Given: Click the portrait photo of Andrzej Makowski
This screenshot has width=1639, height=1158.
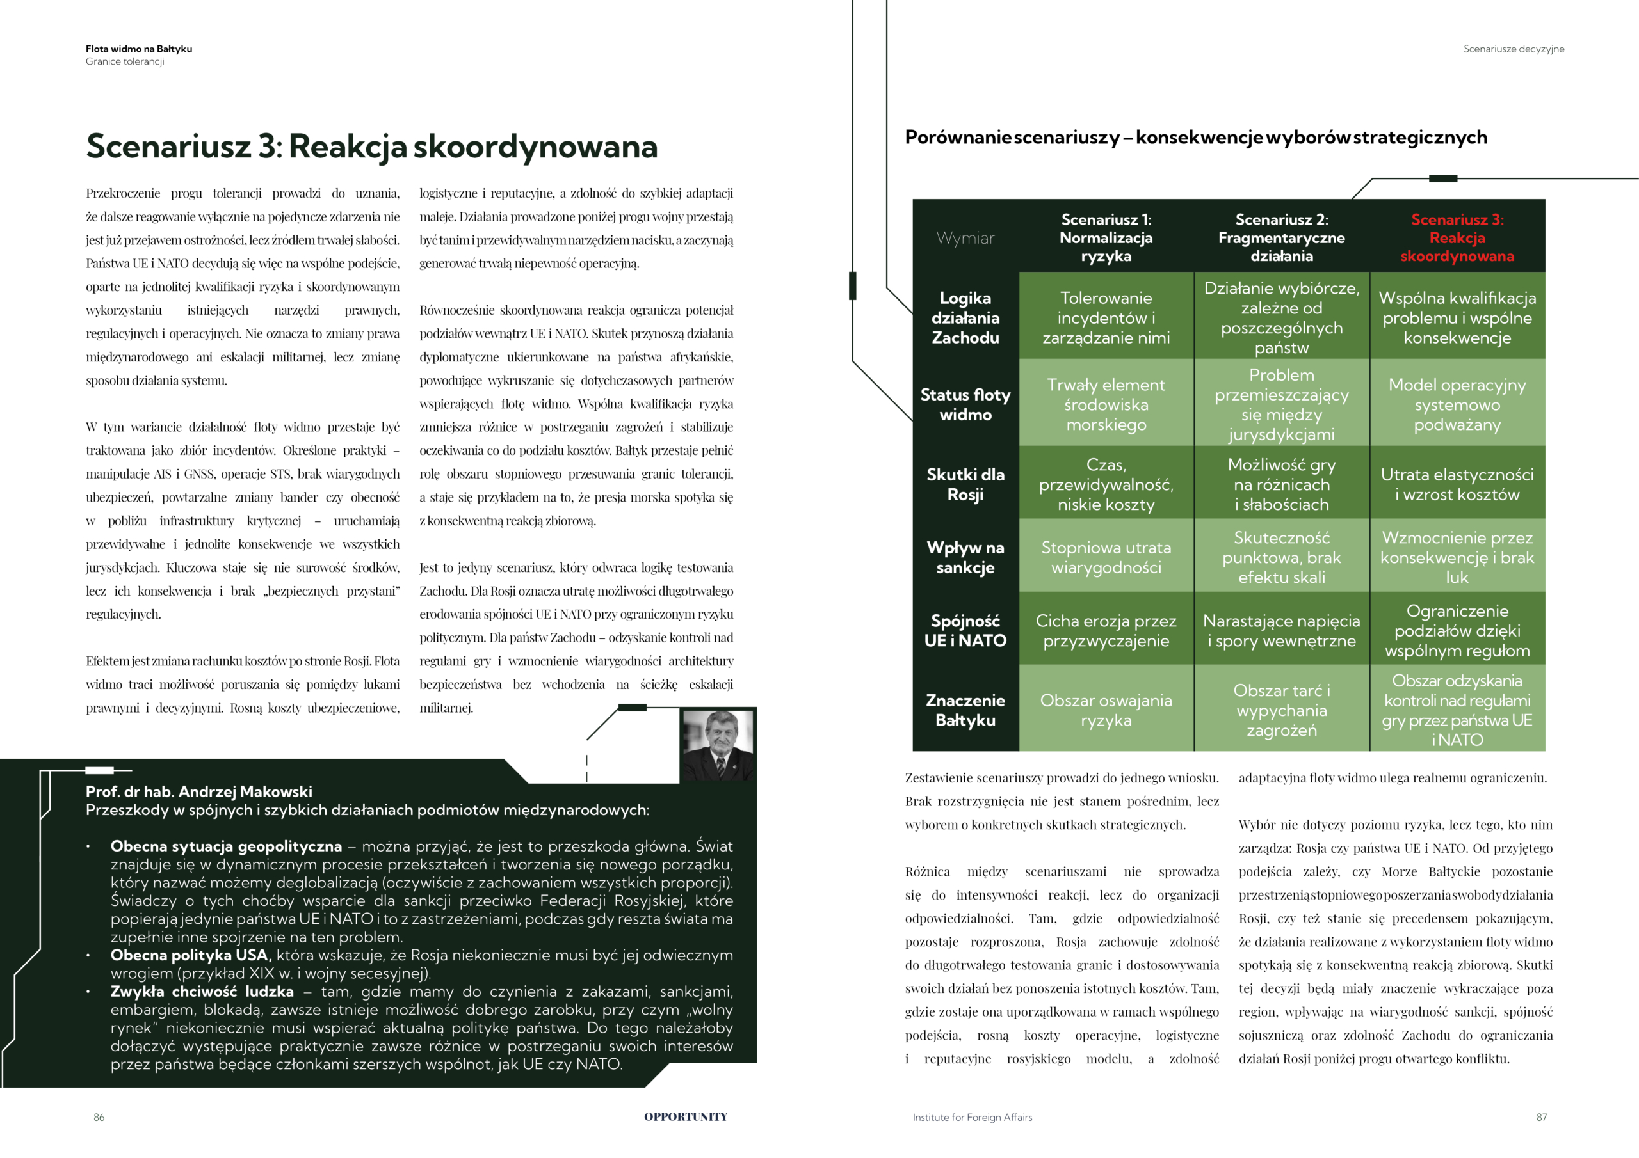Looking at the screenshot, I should tap(718, 743).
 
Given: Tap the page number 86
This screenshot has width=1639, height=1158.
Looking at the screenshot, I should tap(99, 1117).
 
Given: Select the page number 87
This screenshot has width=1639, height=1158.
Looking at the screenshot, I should tap(1541, 1117).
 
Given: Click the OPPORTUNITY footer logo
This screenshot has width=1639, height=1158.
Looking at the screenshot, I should tap(685, 1117).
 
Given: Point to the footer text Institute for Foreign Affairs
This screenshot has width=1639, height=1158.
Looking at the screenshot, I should tap(973, 1117).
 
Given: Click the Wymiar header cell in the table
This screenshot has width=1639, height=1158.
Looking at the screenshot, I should tap(965, 238).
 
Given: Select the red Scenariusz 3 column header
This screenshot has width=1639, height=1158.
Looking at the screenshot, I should tap(1457, 237).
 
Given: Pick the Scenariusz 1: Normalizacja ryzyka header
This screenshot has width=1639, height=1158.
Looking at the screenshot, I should tap(1106, 237).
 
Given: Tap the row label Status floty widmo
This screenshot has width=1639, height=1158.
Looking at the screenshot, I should tap(965, 404).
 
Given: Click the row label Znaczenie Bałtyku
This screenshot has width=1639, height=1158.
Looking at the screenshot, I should tap(965, 710).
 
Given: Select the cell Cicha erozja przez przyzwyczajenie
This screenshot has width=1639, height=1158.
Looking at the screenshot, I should tap(1106, 631).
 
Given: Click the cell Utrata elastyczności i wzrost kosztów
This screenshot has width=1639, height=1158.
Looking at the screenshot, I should tap(1457, 484).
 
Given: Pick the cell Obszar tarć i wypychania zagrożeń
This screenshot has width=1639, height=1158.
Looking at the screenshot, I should tap(1281, 710).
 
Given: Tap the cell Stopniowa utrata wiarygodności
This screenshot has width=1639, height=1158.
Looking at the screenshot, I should tap(1106, 557).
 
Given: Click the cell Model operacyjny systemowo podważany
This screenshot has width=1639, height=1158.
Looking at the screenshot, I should tap(1457, 404).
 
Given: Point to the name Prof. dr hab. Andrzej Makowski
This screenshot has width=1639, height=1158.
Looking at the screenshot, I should tap(199, 791).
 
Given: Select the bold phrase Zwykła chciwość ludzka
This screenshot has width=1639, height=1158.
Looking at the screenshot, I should tap(202, 992).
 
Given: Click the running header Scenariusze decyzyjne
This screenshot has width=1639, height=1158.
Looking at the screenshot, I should tap(1514, 49).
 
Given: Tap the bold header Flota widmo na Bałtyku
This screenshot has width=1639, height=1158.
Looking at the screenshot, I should tap(138, 49).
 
